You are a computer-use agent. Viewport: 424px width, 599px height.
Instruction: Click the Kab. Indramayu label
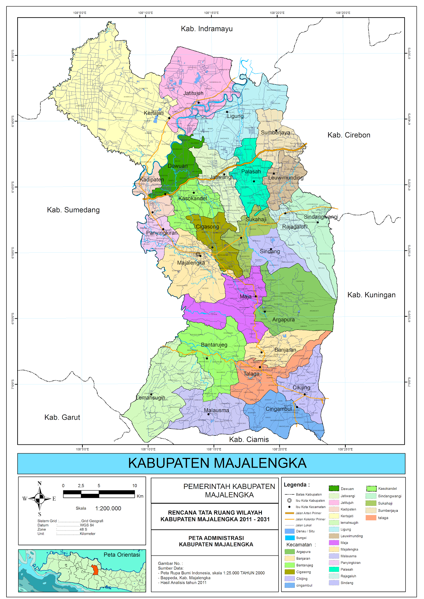(207, 29)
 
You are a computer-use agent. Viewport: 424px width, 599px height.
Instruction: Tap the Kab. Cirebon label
(349, 135)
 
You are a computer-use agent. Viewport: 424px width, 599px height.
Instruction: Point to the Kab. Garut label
(62, 417)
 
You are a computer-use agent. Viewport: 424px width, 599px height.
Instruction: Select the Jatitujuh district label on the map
(193, 93)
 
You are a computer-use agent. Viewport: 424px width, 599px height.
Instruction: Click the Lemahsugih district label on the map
(150, 398)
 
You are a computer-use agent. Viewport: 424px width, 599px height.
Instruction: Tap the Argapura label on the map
(283, 320)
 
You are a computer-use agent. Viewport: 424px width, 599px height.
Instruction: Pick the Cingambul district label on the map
(278, 409)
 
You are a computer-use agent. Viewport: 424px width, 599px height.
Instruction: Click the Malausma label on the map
(216, 410)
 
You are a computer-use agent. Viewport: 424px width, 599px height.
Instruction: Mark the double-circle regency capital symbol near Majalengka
(198, 254)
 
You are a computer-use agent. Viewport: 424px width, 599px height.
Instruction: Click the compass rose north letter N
(40, 483)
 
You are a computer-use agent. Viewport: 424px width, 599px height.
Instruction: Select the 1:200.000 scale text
(108, 508)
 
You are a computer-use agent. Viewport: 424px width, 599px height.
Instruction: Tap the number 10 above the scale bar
(134, 486)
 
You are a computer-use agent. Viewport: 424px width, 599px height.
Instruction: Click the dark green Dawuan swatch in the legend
(334, 488)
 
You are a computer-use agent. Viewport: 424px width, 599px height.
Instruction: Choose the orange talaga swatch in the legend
(371, 518)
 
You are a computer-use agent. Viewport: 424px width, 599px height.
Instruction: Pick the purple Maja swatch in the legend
(334, 542)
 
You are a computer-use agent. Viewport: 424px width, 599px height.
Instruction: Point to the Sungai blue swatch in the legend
(290, 538)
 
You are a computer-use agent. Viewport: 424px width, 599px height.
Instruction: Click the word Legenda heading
(296, 485)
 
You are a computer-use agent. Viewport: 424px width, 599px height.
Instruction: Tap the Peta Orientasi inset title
(122, 554)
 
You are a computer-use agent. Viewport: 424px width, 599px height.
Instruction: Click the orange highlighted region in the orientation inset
(95, 570)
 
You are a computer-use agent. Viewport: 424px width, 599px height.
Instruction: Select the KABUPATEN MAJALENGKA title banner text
(217, 463)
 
